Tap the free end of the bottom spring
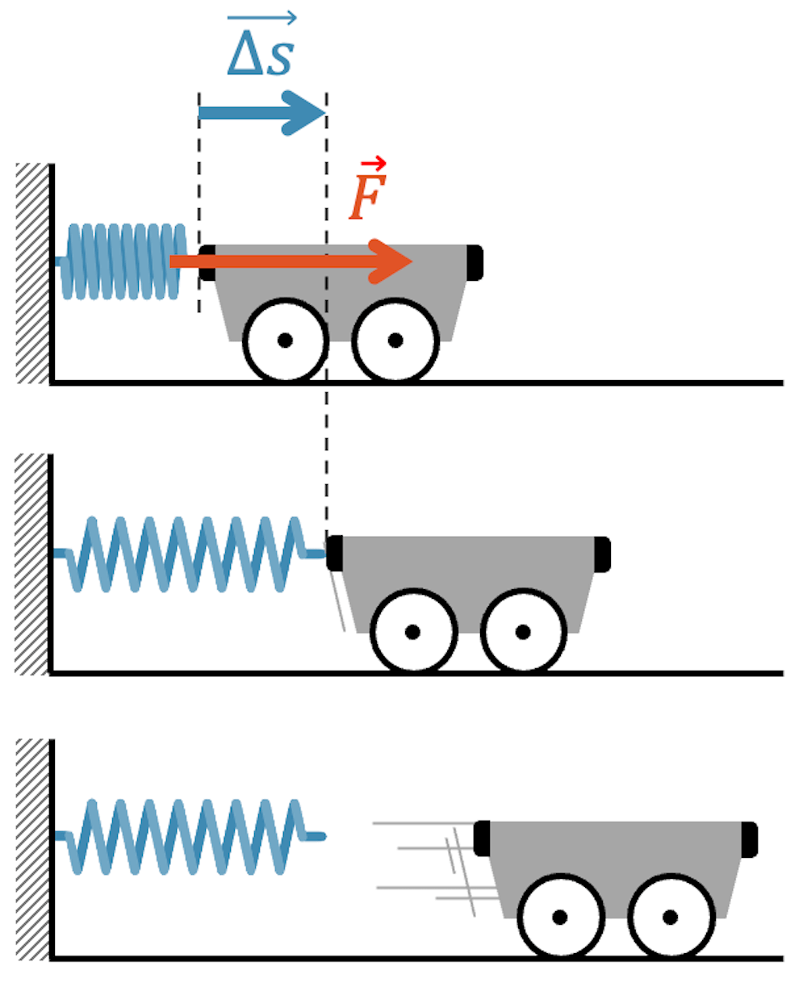(321, 836)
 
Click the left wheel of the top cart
(285, 340)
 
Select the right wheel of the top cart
(395, 340)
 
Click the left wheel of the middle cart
(412, 631)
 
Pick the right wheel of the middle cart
(522, 631)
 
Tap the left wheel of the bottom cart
(559, 917)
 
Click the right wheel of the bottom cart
(670, 917)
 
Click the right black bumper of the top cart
(475, 263)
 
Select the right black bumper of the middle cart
(602, 554)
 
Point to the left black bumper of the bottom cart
(482, 839)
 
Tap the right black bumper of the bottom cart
(749, 839)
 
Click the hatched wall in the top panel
(32, 273)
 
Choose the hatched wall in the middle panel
(32, 563)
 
